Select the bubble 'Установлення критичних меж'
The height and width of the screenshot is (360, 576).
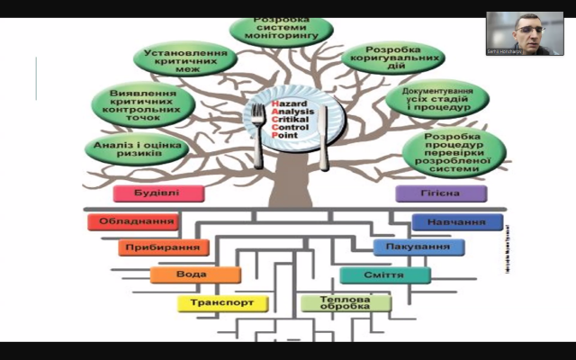pos(185,58)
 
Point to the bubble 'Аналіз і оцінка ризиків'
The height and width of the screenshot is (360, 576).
pos(128,148)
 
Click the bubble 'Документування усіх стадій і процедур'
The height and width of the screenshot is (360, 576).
pos(438,99)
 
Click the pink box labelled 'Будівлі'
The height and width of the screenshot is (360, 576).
pos(158,193)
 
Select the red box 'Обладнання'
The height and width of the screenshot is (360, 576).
pos(132,221)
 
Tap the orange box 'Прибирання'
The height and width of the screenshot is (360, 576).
pos(163,247)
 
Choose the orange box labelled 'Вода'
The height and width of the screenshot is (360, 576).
pos(195,274)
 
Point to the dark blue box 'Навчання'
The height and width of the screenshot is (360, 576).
pos(457,221)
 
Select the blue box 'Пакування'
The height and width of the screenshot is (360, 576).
pos(418,247)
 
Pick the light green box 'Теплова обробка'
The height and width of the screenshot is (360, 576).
pos(346,303)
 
